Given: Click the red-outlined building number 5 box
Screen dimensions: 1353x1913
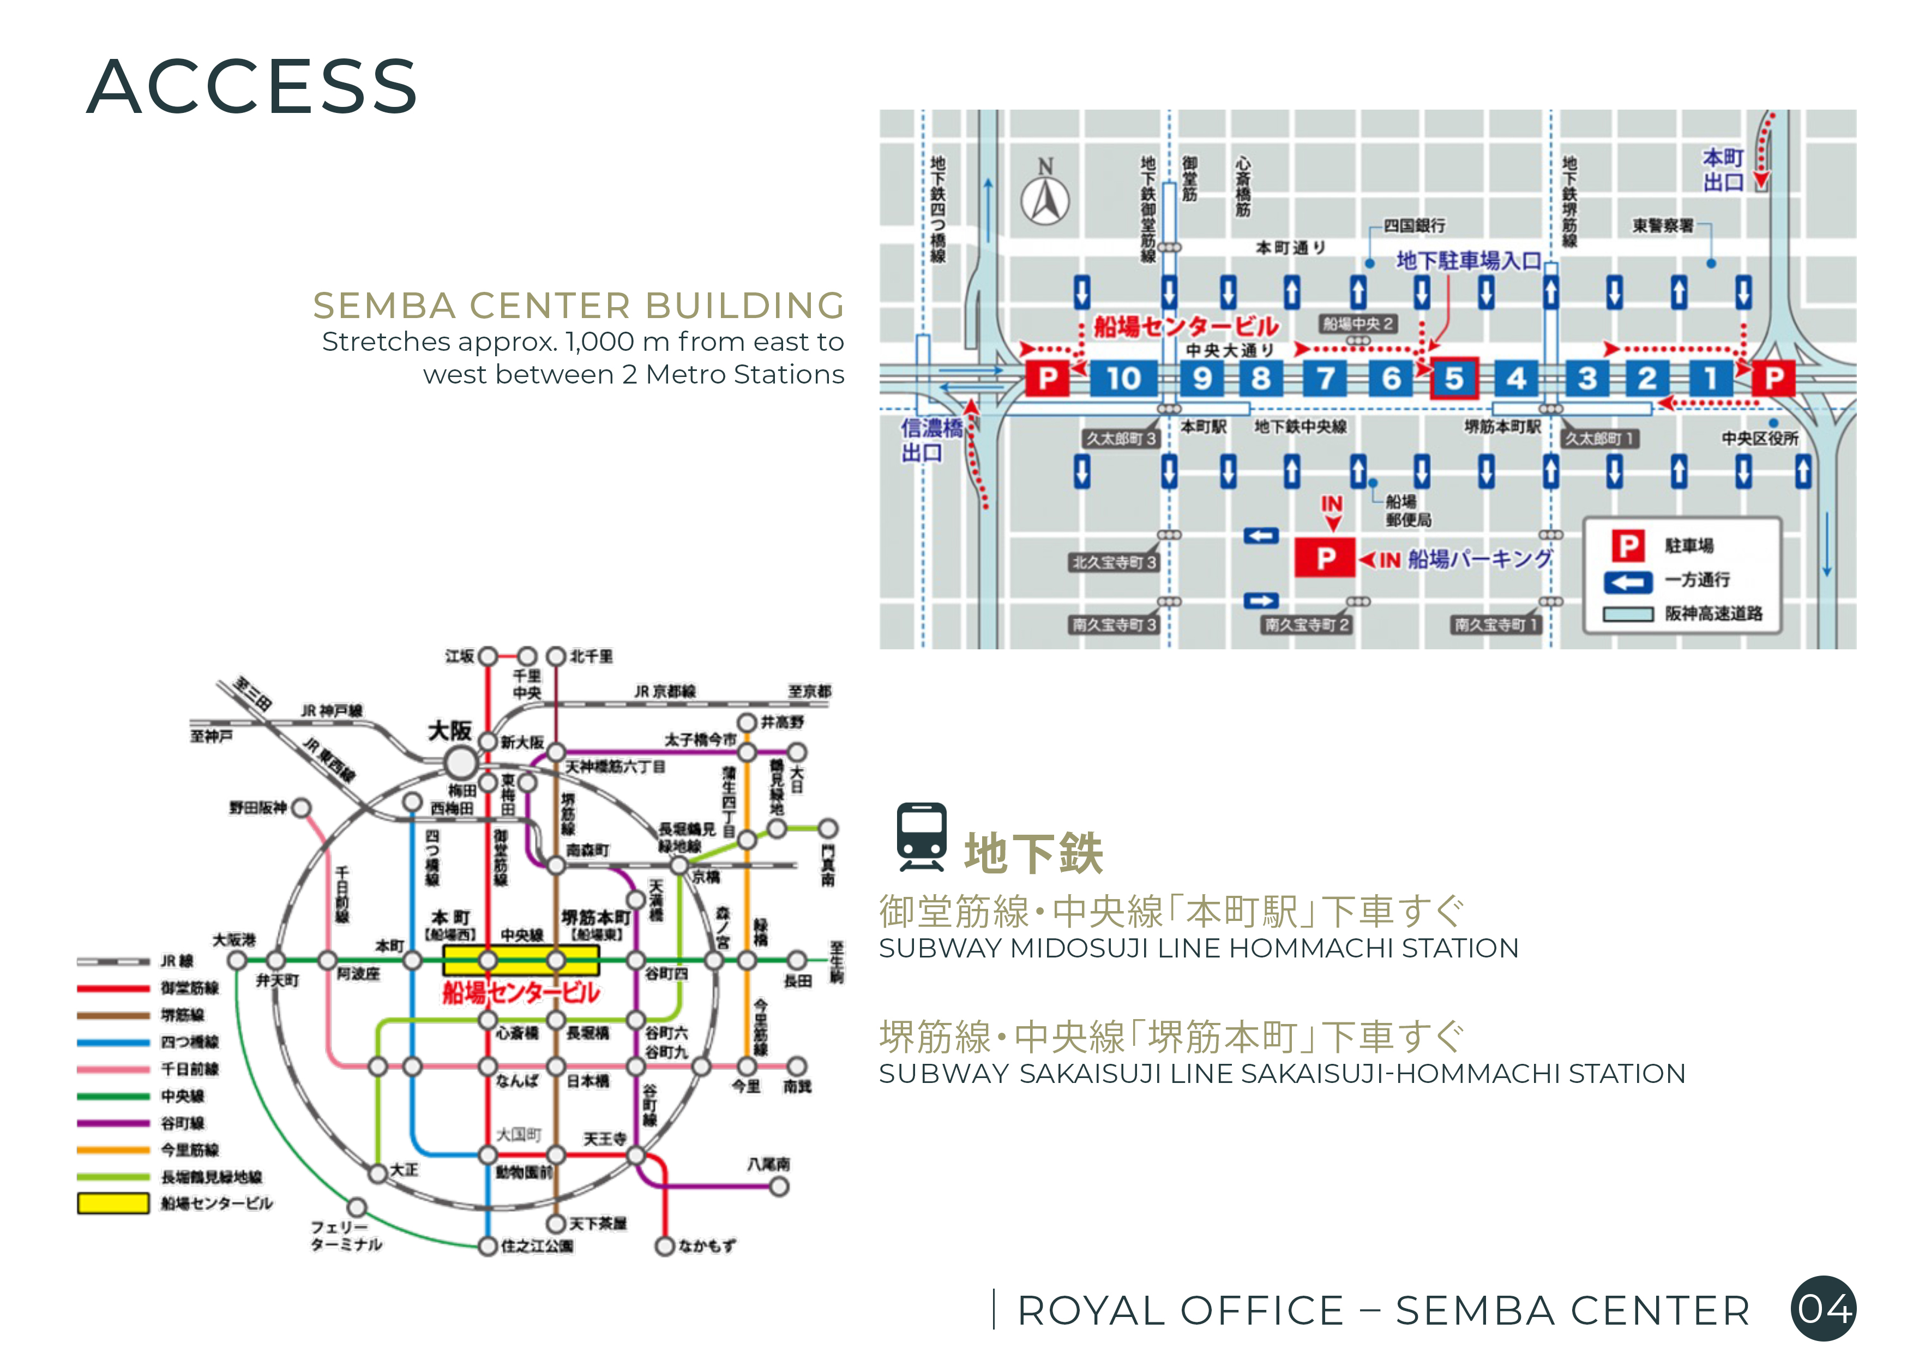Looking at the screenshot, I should (x=1454, y=379).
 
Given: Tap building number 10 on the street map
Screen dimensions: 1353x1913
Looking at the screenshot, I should (x=1123, y=379).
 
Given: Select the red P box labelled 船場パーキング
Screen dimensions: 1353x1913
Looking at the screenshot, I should (x=1325, y=558).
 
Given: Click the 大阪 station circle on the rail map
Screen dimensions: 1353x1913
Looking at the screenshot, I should (x=461, y=762).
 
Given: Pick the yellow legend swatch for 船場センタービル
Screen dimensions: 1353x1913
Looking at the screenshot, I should (x=113, y=1203).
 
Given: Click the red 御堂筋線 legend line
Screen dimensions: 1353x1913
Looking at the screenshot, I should (x=113, y=989).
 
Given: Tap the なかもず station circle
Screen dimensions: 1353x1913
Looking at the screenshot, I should (x=664, y=1246).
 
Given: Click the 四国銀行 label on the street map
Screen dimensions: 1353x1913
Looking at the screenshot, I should (x=1414, y=226).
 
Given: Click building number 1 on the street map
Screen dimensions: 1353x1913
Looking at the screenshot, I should (x=1709, y=379).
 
